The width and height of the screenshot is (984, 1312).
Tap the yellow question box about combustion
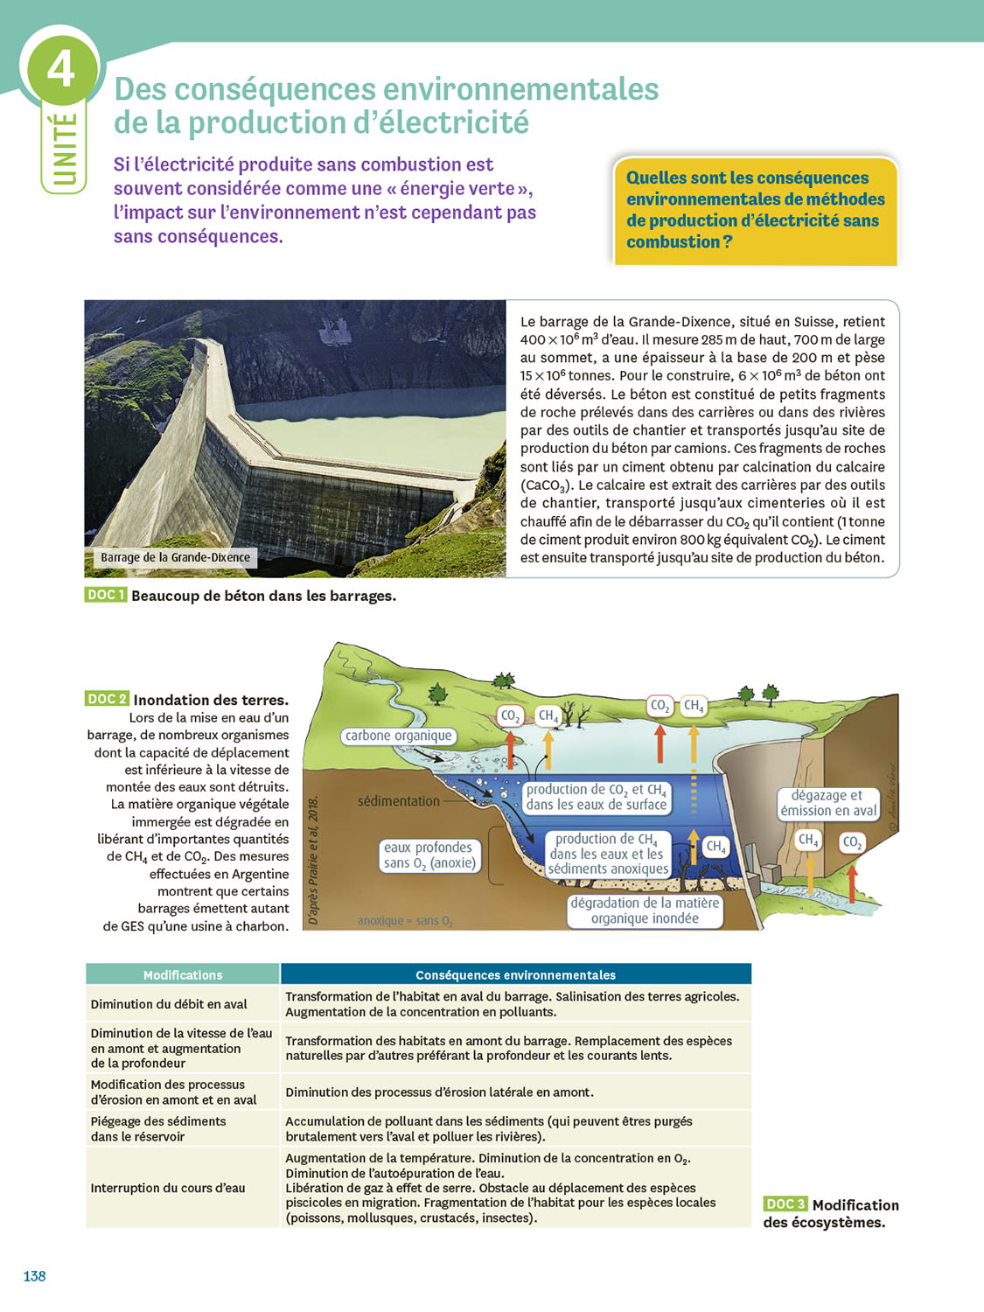pos(755,210)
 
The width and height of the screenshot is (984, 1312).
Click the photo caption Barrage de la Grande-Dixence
pos(175,557)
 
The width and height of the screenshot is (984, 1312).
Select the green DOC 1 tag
pos(106,595)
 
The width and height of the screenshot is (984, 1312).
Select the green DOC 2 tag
pos(107,699)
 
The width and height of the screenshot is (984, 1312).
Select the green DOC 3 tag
pos(785,1204)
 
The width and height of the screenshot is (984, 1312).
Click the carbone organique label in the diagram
pos(398,736)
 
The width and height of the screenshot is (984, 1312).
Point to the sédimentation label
pos(398,800)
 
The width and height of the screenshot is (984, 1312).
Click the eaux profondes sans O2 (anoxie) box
pos(429,855)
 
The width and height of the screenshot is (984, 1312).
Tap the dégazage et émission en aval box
pos(827,803)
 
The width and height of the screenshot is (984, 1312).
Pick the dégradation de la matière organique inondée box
pos(645,911)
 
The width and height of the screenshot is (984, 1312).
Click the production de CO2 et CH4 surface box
pos(596,797)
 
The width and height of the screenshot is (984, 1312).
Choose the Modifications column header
pos(183,974)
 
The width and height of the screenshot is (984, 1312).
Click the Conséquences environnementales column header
pos(515,974)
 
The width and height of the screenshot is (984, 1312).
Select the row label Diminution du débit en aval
pos(169,1004)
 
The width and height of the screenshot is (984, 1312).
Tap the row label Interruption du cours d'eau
pos(168,1188)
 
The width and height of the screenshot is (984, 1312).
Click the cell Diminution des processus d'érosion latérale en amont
pos(439,1092)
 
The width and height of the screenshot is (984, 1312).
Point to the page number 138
pos(34,1276)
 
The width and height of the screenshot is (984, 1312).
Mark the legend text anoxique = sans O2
pos(405,920)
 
